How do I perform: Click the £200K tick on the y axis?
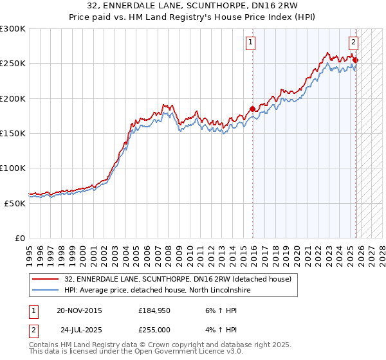click(x=13, y=98)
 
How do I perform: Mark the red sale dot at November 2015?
click(x=252, y=109)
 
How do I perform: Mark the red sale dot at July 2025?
click(x=356, y=60)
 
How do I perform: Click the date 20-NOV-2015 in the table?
click(x=79, y=310)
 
